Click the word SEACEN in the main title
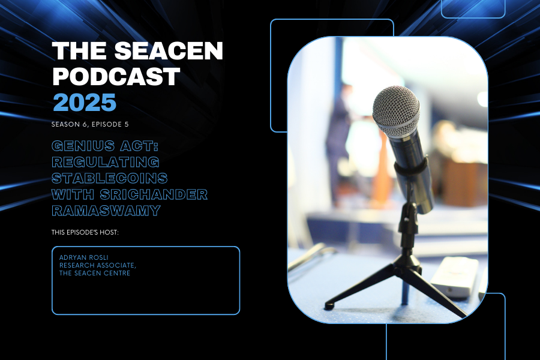click(169, 51)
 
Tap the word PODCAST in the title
click(116, 76)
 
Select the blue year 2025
click(85, 103)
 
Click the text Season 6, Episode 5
click(90, 124)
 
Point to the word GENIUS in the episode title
click(83, 146)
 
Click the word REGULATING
click(106, 162)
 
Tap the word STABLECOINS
click(110, 178)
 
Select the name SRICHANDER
click(154, 194)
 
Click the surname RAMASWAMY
click(106, 211)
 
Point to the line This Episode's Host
click(85, 233)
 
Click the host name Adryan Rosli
click(83, 257)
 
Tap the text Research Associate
click(98, 265)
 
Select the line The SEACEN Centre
click(95, 273)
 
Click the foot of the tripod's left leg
click(329, 306)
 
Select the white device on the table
click(455, 277)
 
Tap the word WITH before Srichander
click(73, 194)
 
